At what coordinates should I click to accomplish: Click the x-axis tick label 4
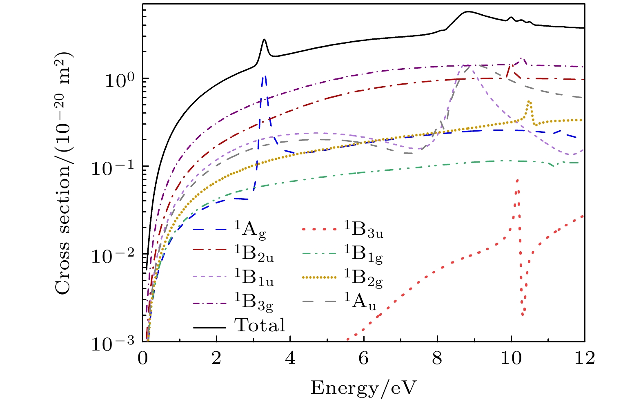click(x=290, y=359)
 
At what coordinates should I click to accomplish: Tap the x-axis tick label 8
click(x=437, y=359)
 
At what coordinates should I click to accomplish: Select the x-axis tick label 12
click(x=584, y=359)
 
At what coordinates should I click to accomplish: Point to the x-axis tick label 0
click(x=142, y=359)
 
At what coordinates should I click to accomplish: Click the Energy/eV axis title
click(x=364, y=387)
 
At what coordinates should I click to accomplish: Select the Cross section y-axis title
click(x=62, y=173)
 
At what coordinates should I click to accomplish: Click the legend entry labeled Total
click(x=260, y=325)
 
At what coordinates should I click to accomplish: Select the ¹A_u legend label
click(x=360, y=302)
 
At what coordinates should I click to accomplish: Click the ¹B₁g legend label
click(x=363, y=254)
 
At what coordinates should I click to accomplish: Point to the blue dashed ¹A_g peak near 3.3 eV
click(x=265, y=76)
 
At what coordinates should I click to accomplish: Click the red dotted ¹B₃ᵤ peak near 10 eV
click(x=517, y=180)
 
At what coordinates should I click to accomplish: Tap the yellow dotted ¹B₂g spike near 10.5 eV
click(x=529, y=101)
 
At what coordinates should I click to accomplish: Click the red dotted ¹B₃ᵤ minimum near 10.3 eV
click(x=523, y=314)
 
